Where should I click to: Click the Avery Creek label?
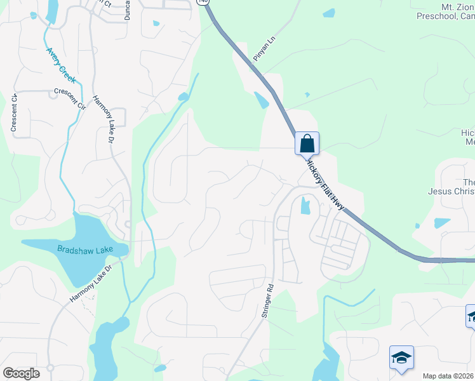pyautogui.click(x=61, y=65)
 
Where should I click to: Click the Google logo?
pyautogui.click(x=21, y=373)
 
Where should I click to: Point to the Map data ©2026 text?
pyautogui.click(x=448, y=376)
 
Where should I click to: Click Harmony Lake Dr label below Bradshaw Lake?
pyautogui.click(x=91, y=277)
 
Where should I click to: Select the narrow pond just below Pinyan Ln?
pyautogui.click(x=261, y=100)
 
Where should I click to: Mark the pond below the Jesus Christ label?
pyautogui.click(x=441, y=223)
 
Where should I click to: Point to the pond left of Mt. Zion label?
pyautogui.click(x=328, y=13)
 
